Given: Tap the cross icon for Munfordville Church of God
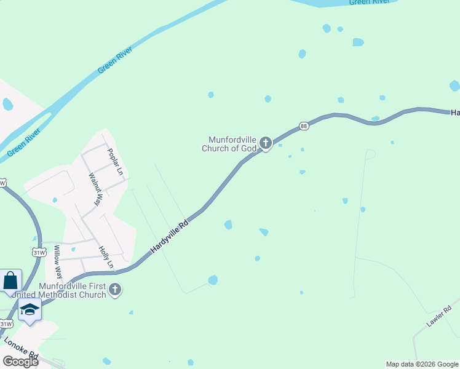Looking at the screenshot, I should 266,143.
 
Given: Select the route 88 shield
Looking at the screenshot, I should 303,126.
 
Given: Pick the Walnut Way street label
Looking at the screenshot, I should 95,189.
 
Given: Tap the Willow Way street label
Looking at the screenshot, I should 57,261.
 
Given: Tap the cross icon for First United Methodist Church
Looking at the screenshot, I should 115,289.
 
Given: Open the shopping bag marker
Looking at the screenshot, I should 10,281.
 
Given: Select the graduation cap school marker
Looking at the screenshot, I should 29,309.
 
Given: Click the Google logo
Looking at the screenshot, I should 20,361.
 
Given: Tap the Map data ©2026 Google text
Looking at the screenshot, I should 422,364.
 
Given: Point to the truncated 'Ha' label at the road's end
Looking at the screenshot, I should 455,113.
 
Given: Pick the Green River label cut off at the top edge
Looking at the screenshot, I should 368,2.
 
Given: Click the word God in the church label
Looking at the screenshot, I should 249,148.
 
